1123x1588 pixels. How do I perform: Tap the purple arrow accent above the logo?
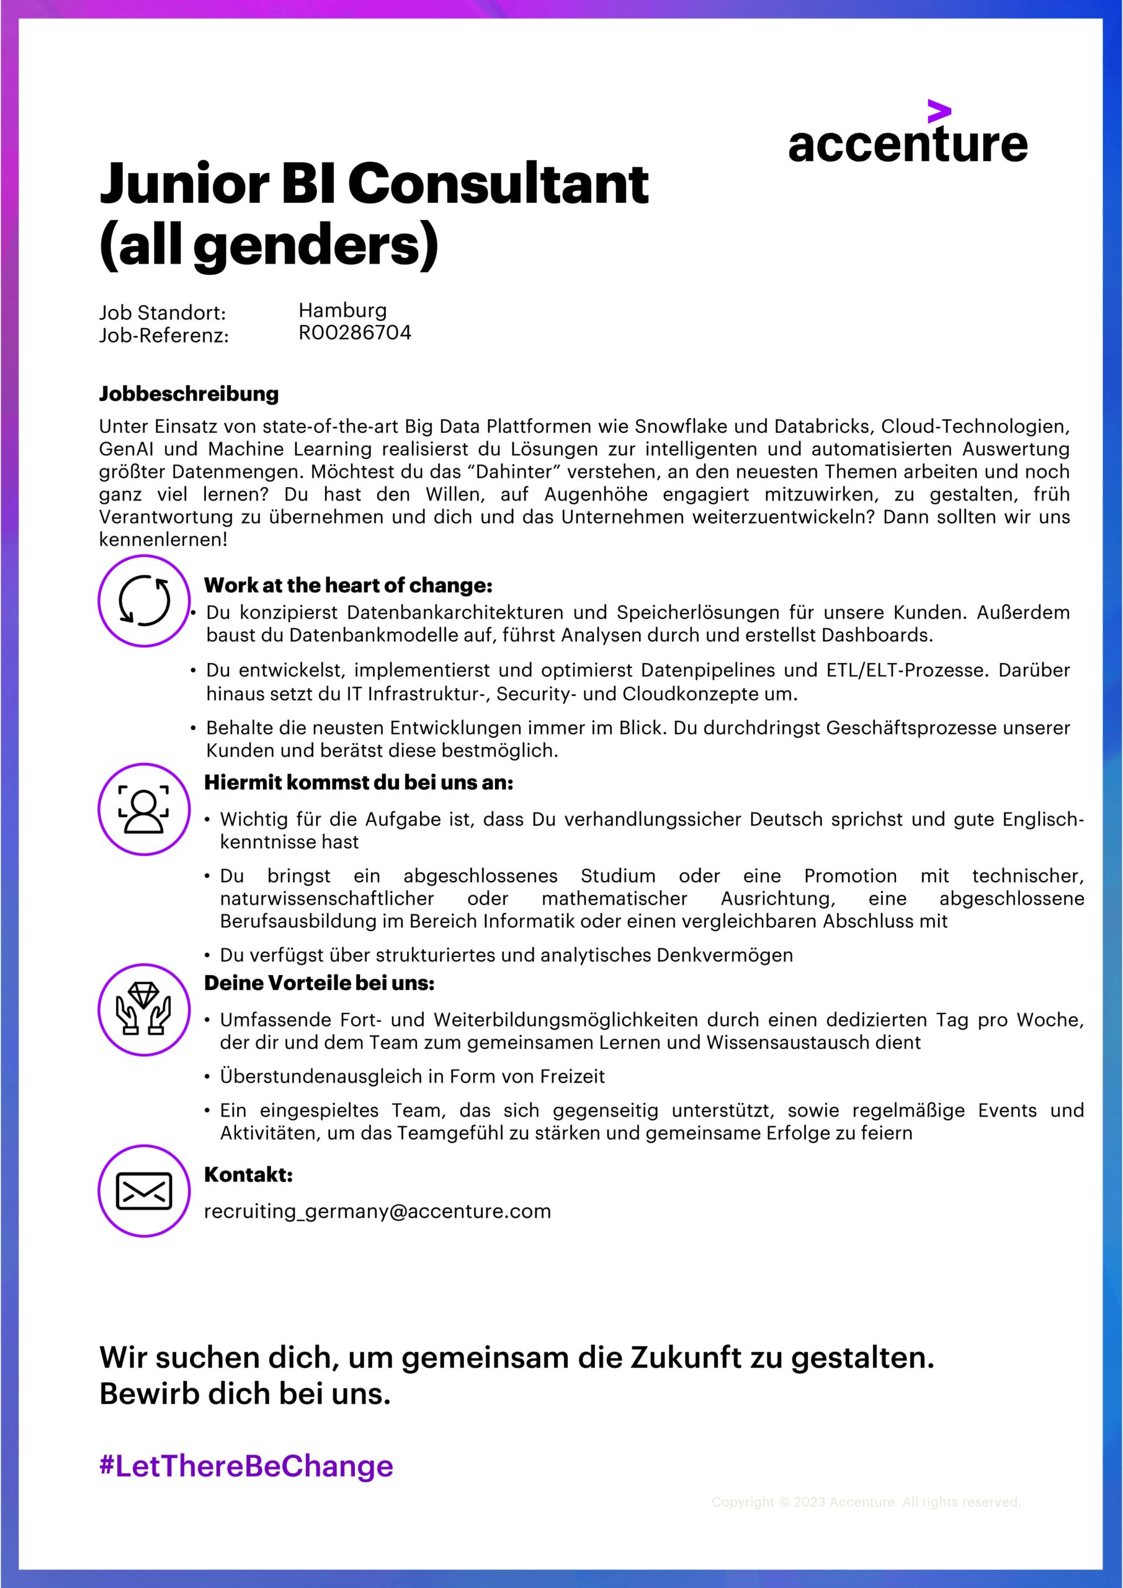(939, 112)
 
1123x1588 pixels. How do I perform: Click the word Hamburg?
(342, 311)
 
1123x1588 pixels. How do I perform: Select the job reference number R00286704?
(354, 332)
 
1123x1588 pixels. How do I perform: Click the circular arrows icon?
(144, 600)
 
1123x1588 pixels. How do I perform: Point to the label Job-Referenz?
(163, 336)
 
